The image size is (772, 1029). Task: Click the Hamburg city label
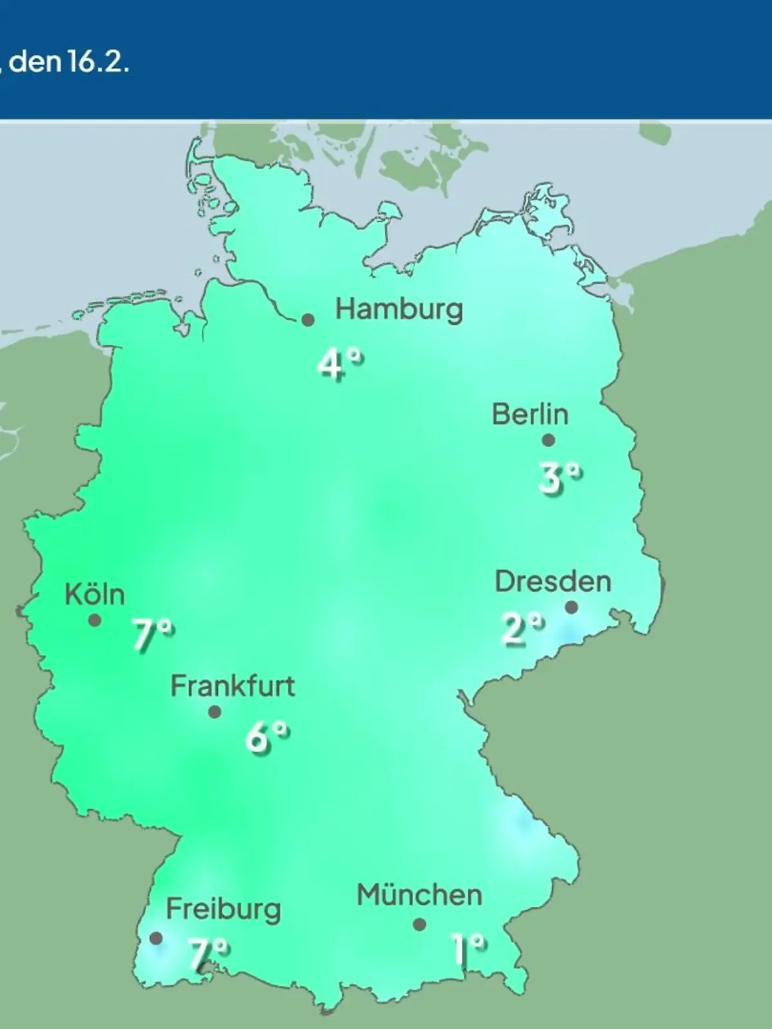click(x=399, y=310)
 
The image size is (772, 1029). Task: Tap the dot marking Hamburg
click(x=308, y=320)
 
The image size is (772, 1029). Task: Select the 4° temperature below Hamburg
click(x=340, y=365)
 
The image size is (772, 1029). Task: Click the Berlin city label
click(x=530, y=414)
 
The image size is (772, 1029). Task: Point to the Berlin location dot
click(x=548, y=441)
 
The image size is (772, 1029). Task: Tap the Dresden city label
click(x=553, y=581)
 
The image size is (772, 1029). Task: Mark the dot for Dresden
click(x=571, y=607)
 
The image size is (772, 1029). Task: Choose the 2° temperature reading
click(x=522, y=628)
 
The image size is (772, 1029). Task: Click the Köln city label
click(x=95, y=595)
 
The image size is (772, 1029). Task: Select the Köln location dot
click(x=95, y=621)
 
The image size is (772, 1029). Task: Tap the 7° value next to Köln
click(x=152, y=635)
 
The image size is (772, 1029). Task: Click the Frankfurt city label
click(x=232, y=686)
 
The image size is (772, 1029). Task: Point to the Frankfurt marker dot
click(x=215, y=712)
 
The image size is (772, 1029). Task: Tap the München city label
click(x=419, y=895)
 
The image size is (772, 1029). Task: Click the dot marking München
click(x=419, y=925)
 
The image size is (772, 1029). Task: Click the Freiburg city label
click(x=223, y=909)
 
